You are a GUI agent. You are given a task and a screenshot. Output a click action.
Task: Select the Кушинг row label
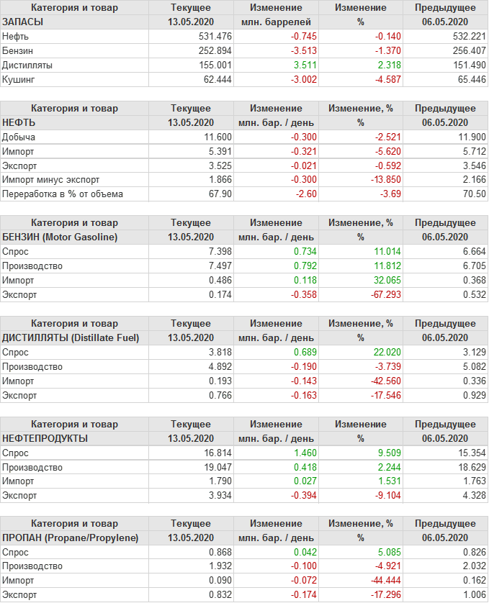coord(19,80)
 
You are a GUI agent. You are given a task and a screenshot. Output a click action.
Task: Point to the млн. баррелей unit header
coord(277,22)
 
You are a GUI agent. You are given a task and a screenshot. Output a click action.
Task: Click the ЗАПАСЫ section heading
coord(23,22)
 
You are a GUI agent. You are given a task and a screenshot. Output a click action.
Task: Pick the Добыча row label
coord(19,137)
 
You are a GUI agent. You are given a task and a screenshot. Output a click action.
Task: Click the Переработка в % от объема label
coord(63,194)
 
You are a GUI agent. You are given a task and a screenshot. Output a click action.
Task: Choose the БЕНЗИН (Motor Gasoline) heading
coord(60,237)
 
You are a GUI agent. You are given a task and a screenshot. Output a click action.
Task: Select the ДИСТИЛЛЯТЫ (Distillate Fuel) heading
coord(71,338)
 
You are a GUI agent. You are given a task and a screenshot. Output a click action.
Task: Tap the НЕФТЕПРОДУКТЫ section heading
coord(45,438)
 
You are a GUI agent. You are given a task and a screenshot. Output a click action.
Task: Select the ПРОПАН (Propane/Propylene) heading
coord(71,538)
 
